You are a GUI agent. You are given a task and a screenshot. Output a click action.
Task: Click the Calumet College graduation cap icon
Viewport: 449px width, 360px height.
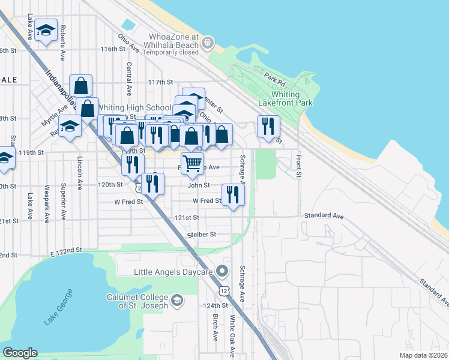[176, 299]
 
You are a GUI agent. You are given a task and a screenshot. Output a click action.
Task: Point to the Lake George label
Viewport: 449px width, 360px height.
[58, 307]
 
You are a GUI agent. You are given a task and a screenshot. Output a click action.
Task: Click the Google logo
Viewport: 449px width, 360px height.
[20, 353]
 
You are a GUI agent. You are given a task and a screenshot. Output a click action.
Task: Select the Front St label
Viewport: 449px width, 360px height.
[298, 167]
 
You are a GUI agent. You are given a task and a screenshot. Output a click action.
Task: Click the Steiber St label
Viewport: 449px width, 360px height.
[201, 235]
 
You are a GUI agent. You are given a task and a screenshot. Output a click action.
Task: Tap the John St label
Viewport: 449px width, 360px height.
[198, 186]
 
